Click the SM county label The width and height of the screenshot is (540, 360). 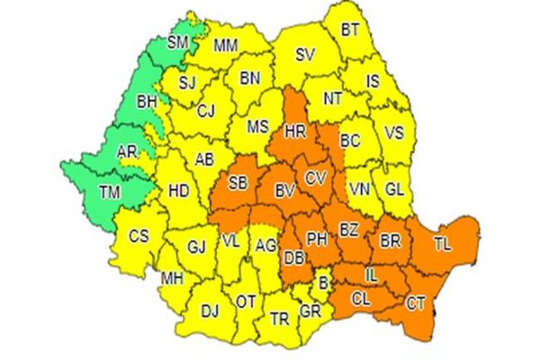pyautogui.click(x=178, y=42)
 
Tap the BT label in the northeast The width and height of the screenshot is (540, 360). pyautogui.click(x=350, y=31)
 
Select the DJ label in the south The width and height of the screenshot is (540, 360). pyautogui.click(x=210, y=310)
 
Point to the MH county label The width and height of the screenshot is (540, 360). pyautogui.click(x=172, y=278)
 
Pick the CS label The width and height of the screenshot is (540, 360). pyautogui.click(x=138, y=238)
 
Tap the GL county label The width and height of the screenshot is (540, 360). pyautogui.click(x=393, y=189)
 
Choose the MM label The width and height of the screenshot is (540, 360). pyautogui.click(x=226, y=43)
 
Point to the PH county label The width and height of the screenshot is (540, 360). pyautogui.click(x=317, y=239)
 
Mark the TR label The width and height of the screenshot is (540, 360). pyautogui.click(x=279, y=318)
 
